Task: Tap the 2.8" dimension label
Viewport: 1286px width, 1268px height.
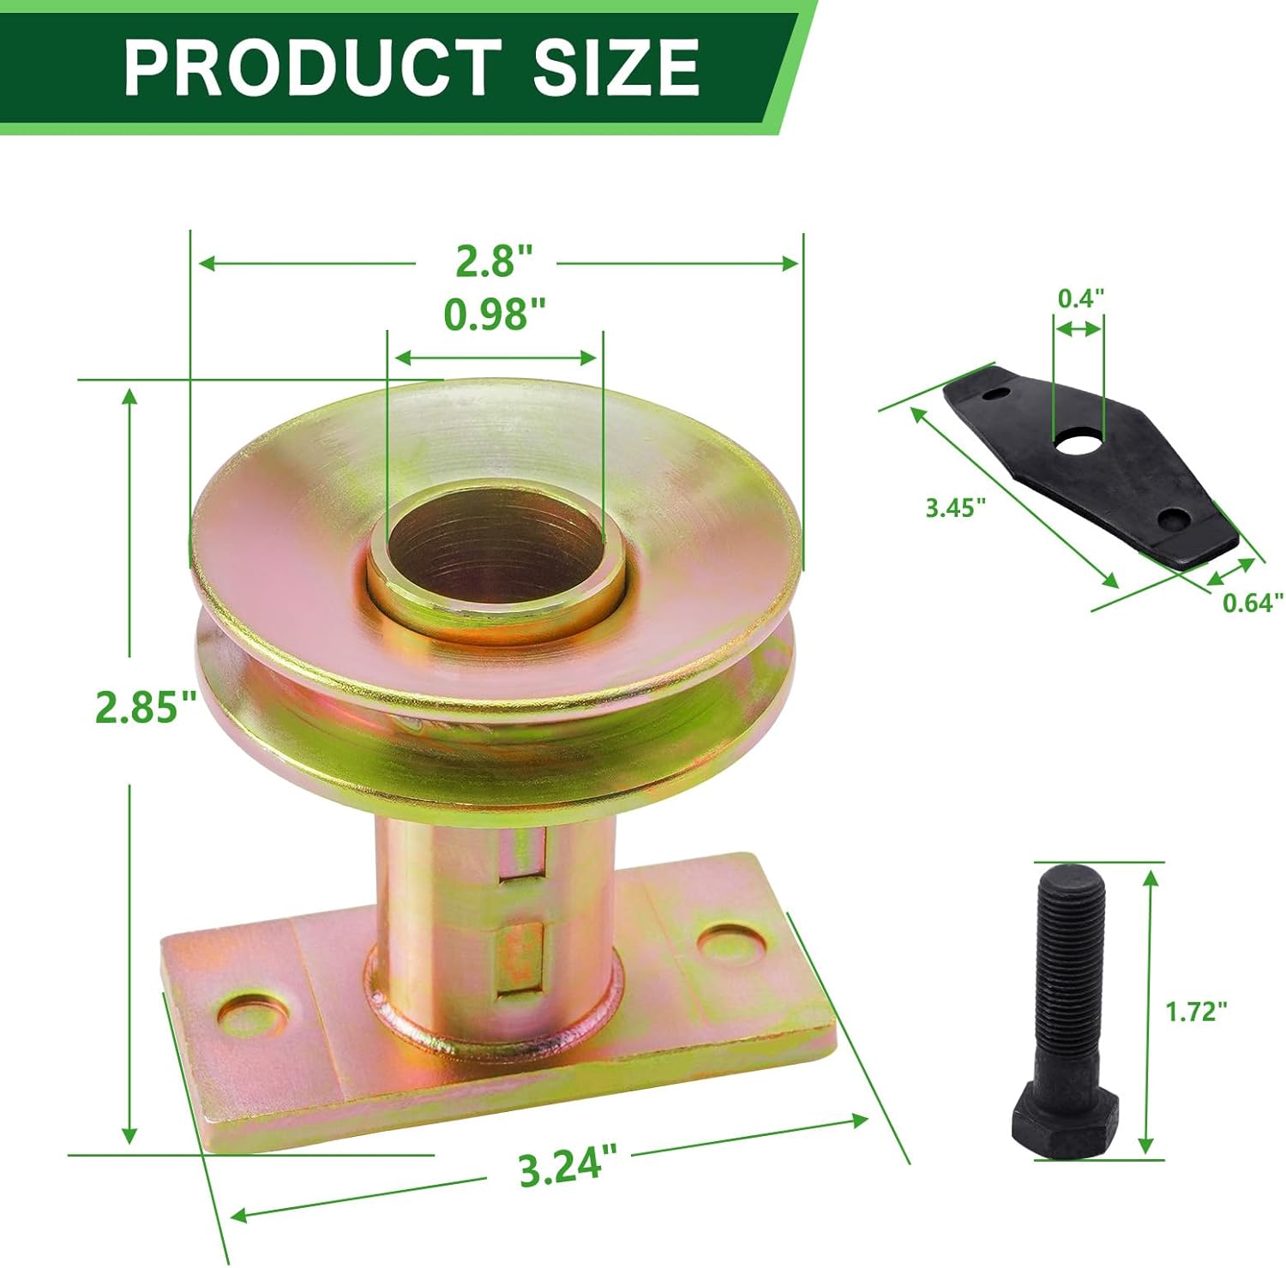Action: [494, 261]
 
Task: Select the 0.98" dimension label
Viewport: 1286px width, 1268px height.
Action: [495, 315]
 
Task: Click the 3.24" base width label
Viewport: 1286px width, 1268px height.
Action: [568, 1167]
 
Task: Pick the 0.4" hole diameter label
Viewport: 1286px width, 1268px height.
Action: [1080, 298]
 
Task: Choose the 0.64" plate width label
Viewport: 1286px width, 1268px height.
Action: [1253, 603]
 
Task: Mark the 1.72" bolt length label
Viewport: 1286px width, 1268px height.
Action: [1196, 1012]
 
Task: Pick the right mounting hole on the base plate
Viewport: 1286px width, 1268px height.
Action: [731, 940]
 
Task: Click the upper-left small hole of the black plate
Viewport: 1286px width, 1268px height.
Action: [995, 394]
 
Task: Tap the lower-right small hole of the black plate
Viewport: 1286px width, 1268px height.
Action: [1173, 518]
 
